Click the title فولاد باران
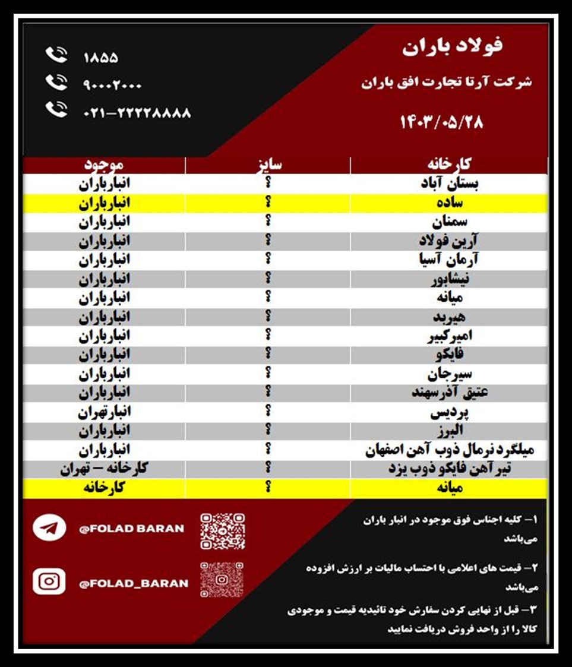coord(452,46)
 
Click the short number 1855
coord(100,58)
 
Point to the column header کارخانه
coord(449,165)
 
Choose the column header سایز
coord(268,165)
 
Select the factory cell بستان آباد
coord(450,184)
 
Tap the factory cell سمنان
coord(450,222)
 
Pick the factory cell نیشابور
coord(450,278)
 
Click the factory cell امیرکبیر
coord(450,336)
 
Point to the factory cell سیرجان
coord(450,374)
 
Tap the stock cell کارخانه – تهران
coord(104,469)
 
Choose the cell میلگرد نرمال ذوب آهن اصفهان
coord(450,450)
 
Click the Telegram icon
coord(49,528)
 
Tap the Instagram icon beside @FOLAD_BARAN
coord(49,582)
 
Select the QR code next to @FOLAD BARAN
coord(222,530)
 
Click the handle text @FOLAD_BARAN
coord(134,583)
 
